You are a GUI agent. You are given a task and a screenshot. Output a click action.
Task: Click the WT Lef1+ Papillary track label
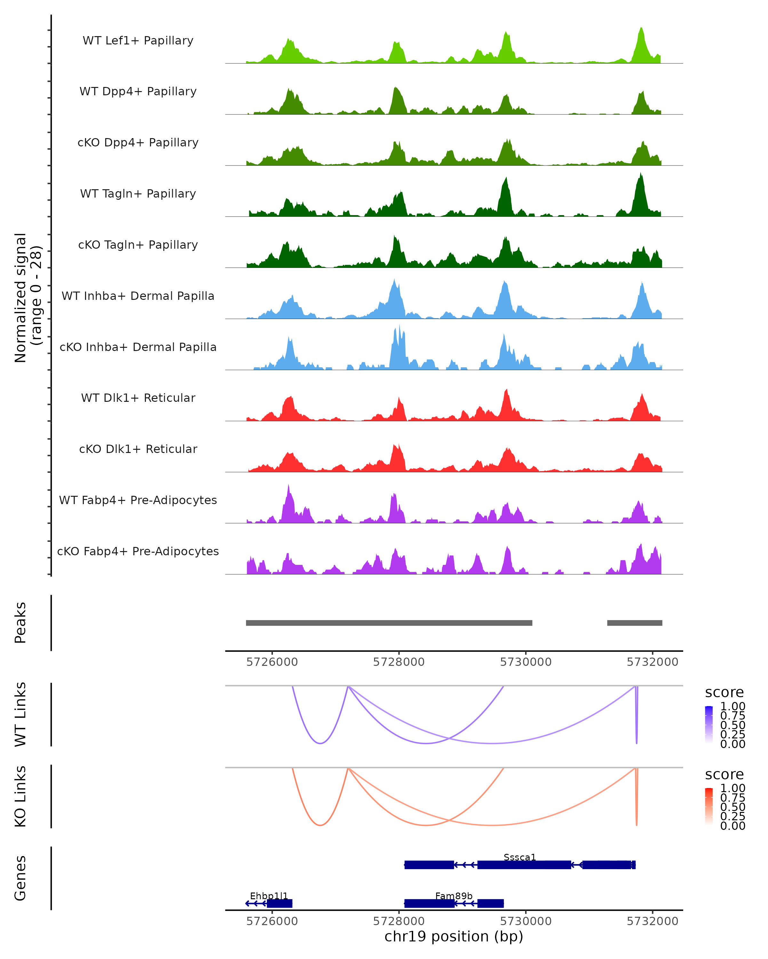pyautogui.click(x=138, y=41)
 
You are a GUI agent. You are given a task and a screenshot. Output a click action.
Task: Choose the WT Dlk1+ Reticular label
pyautogui.click(x=138, y=398)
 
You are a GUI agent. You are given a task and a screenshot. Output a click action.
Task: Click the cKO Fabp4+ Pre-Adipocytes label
pyautogui.click(x=138, y=551)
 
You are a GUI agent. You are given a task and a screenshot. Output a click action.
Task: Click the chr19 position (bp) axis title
pyautogui.click(x=454, y=936)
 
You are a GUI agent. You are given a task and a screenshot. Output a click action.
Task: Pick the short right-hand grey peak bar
pyautogui.click(x=635, y=623)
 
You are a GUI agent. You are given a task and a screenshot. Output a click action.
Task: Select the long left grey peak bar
pyautogui.click(x=389, y=623)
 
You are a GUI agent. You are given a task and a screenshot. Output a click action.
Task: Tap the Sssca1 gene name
pyautogui.click(x=520, y=857)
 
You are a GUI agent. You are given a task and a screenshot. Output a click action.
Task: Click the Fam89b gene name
pyautogui.click(x=454, y=896)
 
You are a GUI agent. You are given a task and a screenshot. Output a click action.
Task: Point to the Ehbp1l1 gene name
pyautogui.click(x=269, y=896)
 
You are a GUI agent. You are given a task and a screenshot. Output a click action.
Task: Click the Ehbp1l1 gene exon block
pyautogui.click(x=280, y=903)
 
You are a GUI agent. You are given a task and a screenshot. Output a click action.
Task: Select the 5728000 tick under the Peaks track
pyautogui.click(x=399, y=662)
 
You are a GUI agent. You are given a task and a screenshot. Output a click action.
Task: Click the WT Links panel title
pyautogui.click(x=20, y=714)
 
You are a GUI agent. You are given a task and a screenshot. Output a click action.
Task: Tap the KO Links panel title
pyautogui.click(x=20, y=796)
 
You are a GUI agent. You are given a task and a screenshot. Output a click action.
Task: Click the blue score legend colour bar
pyautogui.click(x=709, y=724)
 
